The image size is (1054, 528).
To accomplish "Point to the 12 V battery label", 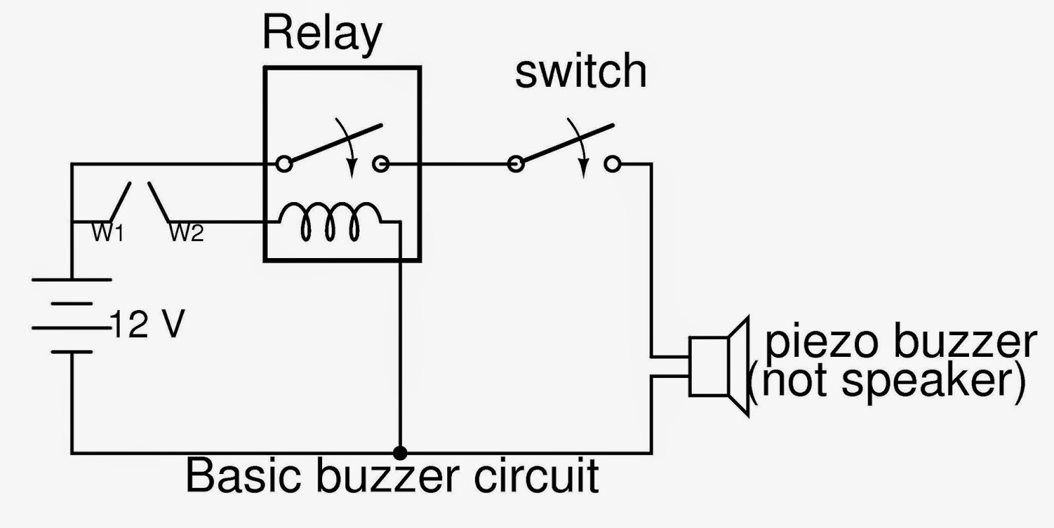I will point(148,324).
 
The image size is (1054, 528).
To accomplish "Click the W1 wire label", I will point(107,232).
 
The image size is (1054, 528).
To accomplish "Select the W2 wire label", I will point(186,232).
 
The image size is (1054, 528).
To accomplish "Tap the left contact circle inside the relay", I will point(284,163).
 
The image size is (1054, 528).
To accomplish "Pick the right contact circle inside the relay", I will point(380,163).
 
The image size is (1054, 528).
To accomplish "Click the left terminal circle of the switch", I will point(516,163).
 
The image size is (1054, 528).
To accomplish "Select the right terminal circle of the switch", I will point(613,163).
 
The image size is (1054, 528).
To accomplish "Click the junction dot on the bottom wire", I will point(399,453).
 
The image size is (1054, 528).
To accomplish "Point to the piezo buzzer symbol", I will point(718,366).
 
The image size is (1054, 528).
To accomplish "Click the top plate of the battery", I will point(71,280).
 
